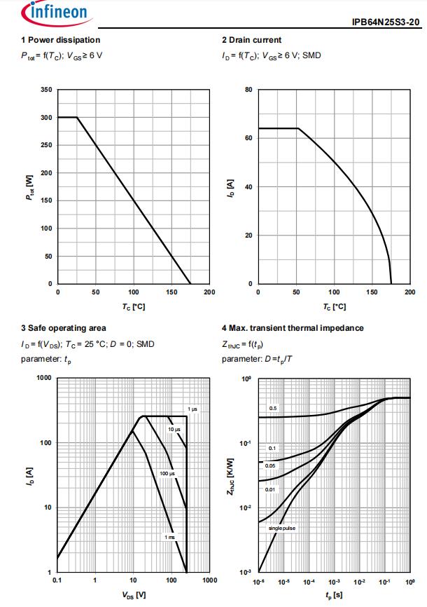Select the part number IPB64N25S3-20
coord(386,22)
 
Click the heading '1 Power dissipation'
coord(61,40)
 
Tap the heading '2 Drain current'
coord(252,40)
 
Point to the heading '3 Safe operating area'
coord(64,328)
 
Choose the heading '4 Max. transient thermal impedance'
coord(293,328)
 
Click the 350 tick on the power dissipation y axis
coord(46,90)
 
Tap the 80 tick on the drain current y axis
coord(248,90)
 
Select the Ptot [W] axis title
coord(30,186)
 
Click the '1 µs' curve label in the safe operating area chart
coord(192,409)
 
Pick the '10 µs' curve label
coord(174,429)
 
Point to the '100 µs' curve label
coord(167,474)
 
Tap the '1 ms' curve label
coord(169,537)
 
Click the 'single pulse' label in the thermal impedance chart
coord(282,528)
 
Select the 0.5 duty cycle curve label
coord(274,408)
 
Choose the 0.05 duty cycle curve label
coord(270,465)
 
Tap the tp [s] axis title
coord(334,594)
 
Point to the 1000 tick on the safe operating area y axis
coord(44,378)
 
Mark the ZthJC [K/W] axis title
coord(230,475)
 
